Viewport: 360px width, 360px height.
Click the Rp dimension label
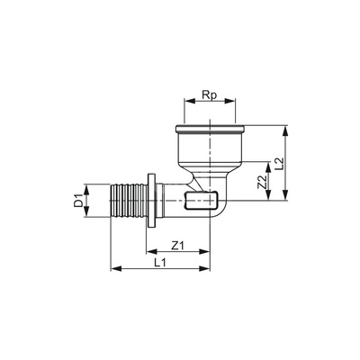(210, 95)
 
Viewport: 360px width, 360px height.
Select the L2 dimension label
(280, 162)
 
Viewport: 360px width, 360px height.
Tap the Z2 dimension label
(263, 182)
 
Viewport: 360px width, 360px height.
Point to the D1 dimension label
(78, 201)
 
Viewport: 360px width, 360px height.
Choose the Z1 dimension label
(177, 246)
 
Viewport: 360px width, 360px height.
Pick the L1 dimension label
(160, 263)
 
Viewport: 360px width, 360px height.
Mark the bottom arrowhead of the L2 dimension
(286, 194)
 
